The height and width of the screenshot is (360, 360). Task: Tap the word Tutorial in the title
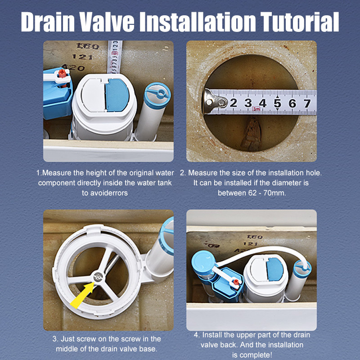(x=300, y=21)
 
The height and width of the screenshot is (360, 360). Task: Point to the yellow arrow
(x=82, y=296)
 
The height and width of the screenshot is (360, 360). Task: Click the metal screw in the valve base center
(x=98, y=277)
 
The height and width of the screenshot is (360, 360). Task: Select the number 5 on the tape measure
(x=277, y=103)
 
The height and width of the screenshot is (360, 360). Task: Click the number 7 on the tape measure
(x=307, y=103)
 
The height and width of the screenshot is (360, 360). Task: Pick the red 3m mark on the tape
(x=256, y=109)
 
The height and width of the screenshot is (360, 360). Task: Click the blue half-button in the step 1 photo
(x=117, y=95)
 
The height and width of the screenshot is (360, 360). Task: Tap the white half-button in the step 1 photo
(x=93, y=95)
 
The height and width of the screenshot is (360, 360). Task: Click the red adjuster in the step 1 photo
(x=62, y=73)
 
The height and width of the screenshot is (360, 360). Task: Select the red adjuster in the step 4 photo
(x=236, y=282)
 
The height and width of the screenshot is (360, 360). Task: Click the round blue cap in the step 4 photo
(x=203, y=262)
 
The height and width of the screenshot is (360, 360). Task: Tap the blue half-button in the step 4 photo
(x=275, y=269)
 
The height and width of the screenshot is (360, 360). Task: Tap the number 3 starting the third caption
(x=54, y=339)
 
